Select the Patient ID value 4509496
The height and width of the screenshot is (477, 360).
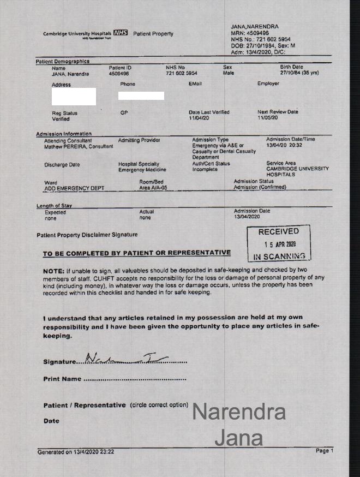click(x=119, y=73)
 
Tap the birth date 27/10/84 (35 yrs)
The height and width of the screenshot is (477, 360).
click(x=299, y=73)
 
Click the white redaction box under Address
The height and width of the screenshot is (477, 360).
click(x=74, y=97)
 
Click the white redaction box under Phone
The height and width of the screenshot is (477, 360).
click(x=141, y=96)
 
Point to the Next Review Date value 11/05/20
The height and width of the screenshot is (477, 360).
click(x=267, y=118)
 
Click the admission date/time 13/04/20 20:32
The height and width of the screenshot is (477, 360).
click(x=284, y=146)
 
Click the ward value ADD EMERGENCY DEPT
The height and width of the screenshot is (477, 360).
click(x=74, y=188)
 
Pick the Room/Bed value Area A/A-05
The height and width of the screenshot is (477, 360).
click(x=152, y=188)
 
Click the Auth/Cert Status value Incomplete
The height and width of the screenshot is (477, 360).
click(x=205, y=170)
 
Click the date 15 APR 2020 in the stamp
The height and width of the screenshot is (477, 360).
click(x=280, y=245)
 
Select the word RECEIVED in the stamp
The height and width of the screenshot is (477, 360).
click(x=279, y=231)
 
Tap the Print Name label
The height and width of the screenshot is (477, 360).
click(x=62, y=379)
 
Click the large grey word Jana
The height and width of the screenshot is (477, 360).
click(x=238, y=437)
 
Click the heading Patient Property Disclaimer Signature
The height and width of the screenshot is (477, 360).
click(x=87, y=235)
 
